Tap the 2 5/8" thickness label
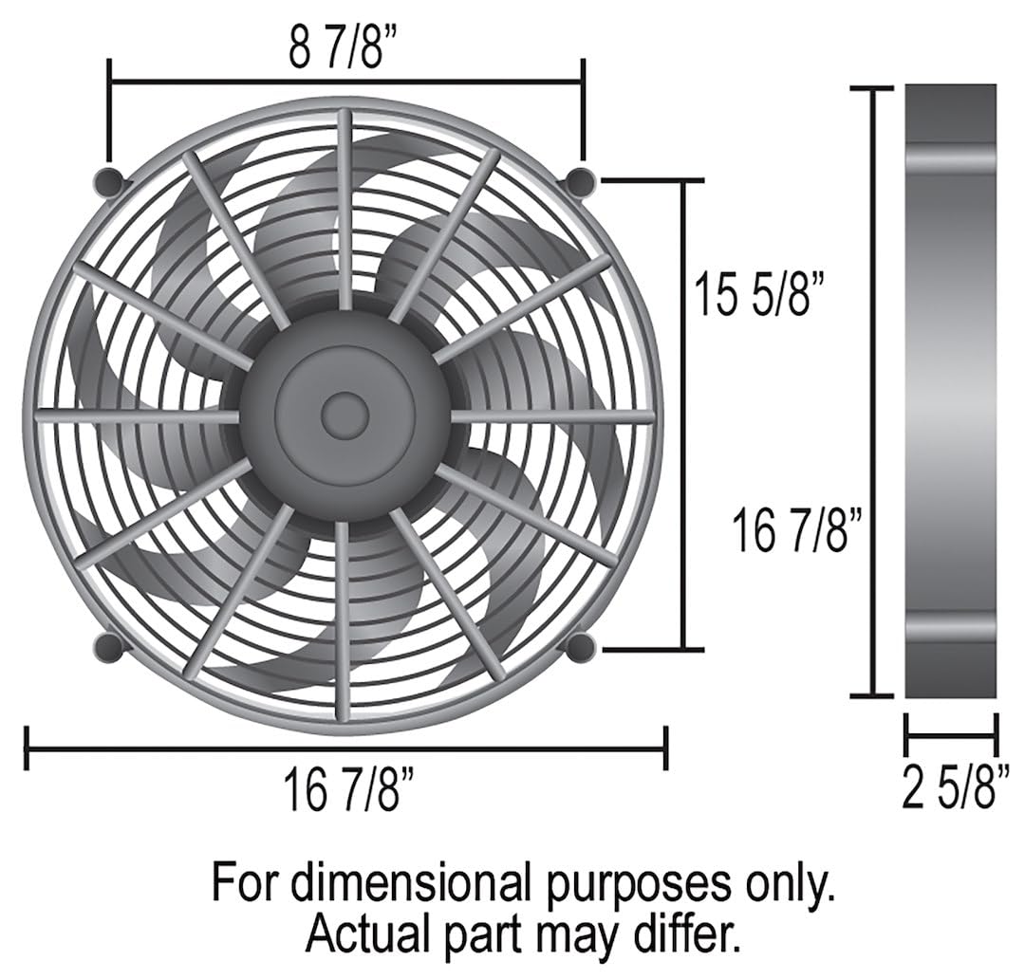(x=948, y=790)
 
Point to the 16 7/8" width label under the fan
(x=347, y=790)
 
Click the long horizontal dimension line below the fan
(x=345, y=748)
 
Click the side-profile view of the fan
(x=950, y=391)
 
